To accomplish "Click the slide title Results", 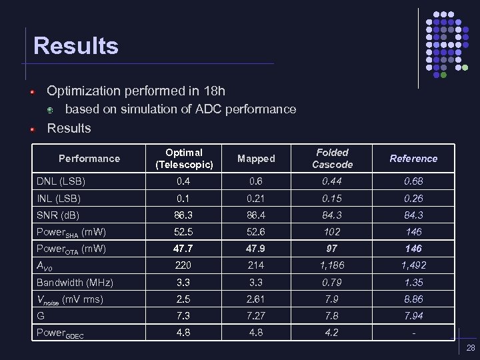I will pos(76,46).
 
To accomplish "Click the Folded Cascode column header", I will pos(332,159).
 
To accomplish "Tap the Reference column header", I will pos(413,159).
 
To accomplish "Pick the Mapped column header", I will pos(256,159).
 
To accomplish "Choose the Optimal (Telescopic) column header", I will pos(184,159).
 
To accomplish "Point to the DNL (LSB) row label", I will pos(61,181).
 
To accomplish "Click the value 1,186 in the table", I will pos(332,265).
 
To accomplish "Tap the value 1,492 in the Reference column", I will pos(413,265).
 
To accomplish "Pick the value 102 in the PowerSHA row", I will pos(332,232).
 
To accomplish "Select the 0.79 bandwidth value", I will pos(332,282).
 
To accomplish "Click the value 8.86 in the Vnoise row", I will pos(413,299).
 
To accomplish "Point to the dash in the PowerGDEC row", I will pos(413,333).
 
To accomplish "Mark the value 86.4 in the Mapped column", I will pos(256,215).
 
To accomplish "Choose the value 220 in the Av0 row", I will pos(184,265).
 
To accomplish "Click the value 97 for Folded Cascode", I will pos(332,249).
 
